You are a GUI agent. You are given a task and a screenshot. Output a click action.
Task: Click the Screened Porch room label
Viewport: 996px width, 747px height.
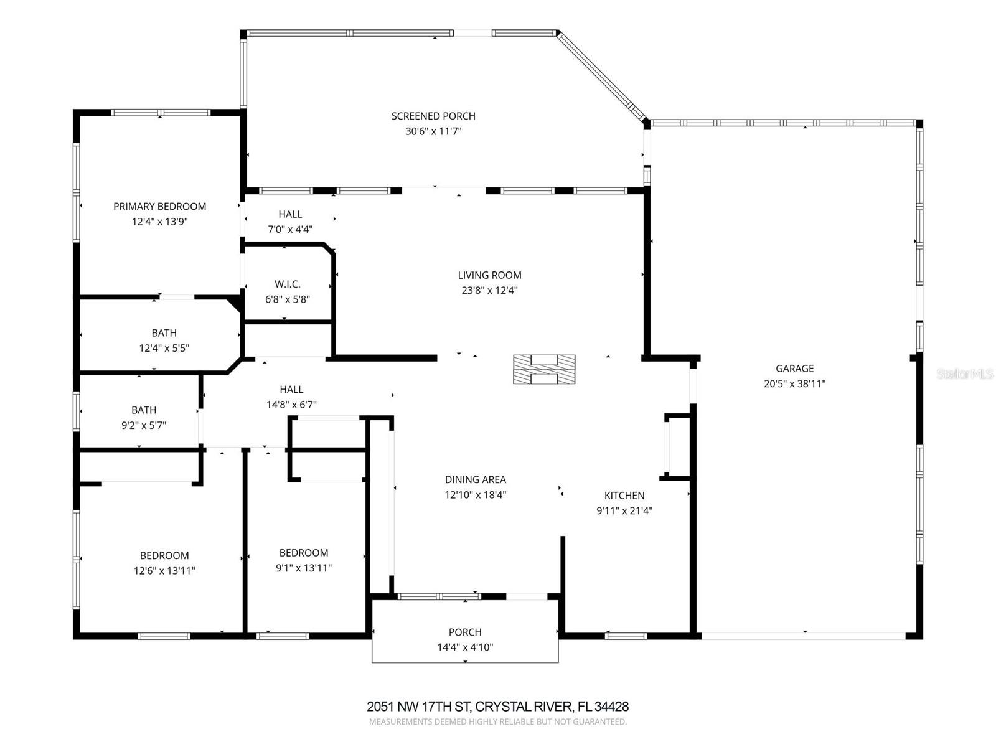(433, 116)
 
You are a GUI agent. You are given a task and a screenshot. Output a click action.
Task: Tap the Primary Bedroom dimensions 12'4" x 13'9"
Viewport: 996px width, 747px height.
(159, 222)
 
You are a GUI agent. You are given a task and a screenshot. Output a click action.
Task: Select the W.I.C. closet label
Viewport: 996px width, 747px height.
(287, 284)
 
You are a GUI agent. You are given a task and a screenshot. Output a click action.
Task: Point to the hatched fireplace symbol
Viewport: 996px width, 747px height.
(543, 369)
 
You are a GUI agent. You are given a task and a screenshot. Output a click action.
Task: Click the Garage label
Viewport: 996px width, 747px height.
(794, 369)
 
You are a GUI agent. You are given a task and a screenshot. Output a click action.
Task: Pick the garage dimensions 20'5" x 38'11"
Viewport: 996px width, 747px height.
(794, 384)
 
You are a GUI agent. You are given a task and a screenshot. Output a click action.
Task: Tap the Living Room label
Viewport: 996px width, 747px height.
(489, 275)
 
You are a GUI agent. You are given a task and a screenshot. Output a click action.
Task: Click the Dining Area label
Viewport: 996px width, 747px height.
(475, 479)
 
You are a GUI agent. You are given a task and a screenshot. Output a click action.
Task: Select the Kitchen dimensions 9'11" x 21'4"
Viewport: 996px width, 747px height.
(624, 511)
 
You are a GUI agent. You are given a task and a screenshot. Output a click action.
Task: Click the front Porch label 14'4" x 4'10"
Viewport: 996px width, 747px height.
(465, 639)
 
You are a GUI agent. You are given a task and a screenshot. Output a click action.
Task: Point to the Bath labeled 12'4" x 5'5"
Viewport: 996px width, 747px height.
(164, 341)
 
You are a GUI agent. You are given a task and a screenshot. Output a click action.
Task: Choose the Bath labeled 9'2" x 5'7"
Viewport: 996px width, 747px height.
(144, 418)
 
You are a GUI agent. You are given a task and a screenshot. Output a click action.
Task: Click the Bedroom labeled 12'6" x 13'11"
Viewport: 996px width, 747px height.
(164, 563)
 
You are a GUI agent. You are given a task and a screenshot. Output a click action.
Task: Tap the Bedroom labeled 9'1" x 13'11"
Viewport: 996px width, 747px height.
(304, 560)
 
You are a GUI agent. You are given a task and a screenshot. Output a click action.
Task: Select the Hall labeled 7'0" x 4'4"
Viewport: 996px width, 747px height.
(290, 222)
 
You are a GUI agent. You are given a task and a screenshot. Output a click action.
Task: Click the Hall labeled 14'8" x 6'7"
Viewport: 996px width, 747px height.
(291, 397)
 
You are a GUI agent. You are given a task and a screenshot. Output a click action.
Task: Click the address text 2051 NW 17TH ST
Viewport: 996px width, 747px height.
(419, 707)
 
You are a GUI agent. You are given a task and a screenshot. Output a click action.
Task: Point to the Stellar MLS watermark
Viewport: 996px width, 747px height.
(964, 374)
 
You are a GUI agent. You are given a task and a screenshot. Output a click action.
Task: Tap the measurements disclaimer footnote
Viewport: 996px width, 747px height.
(497, 722)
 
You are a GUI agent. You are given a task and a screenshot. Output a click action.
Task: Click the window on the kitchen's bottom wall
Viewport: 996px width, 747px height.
(626, 636)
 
